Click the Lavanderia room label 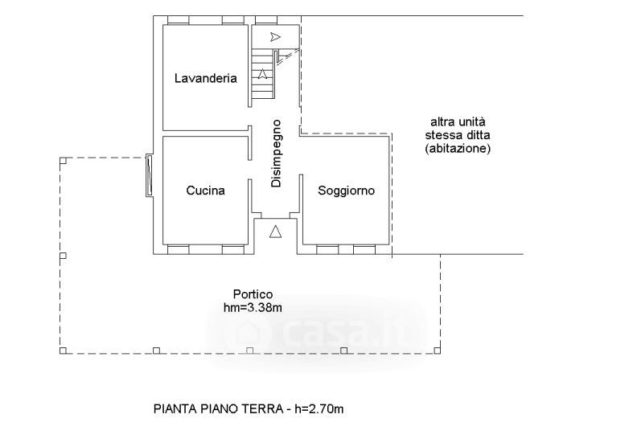click(x=205, y=78)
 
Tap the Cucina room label click(x=205, y=190)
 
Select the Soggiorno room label click(x=346, y=190)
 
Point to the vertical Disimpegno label click(x=276, y=154)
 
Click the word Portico click(x=253, y=294)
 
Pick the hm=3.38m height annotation click(x=253, y=308)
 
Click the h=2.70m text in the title click(x=319, y=409)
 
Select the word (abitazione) click(x=458, y=149)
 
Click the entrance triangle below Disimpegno click(x=275, y=232)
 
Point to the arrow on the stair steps click(x=262, y=73)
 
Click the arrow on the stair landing click(x=275, y=37)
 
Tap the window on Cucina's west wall click(x=150, y=176)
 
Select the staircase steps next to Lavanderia click(x=263, y=74)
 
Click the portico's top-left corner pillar click(x=63, y=161)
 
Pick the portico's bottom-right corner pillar click(x=438, y=351)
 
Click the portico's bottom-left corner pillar click(x=63, y=351)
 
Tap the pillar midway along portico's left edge click(x=63, y=256)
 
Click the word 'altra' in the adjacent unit click(x=442, y=121)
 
